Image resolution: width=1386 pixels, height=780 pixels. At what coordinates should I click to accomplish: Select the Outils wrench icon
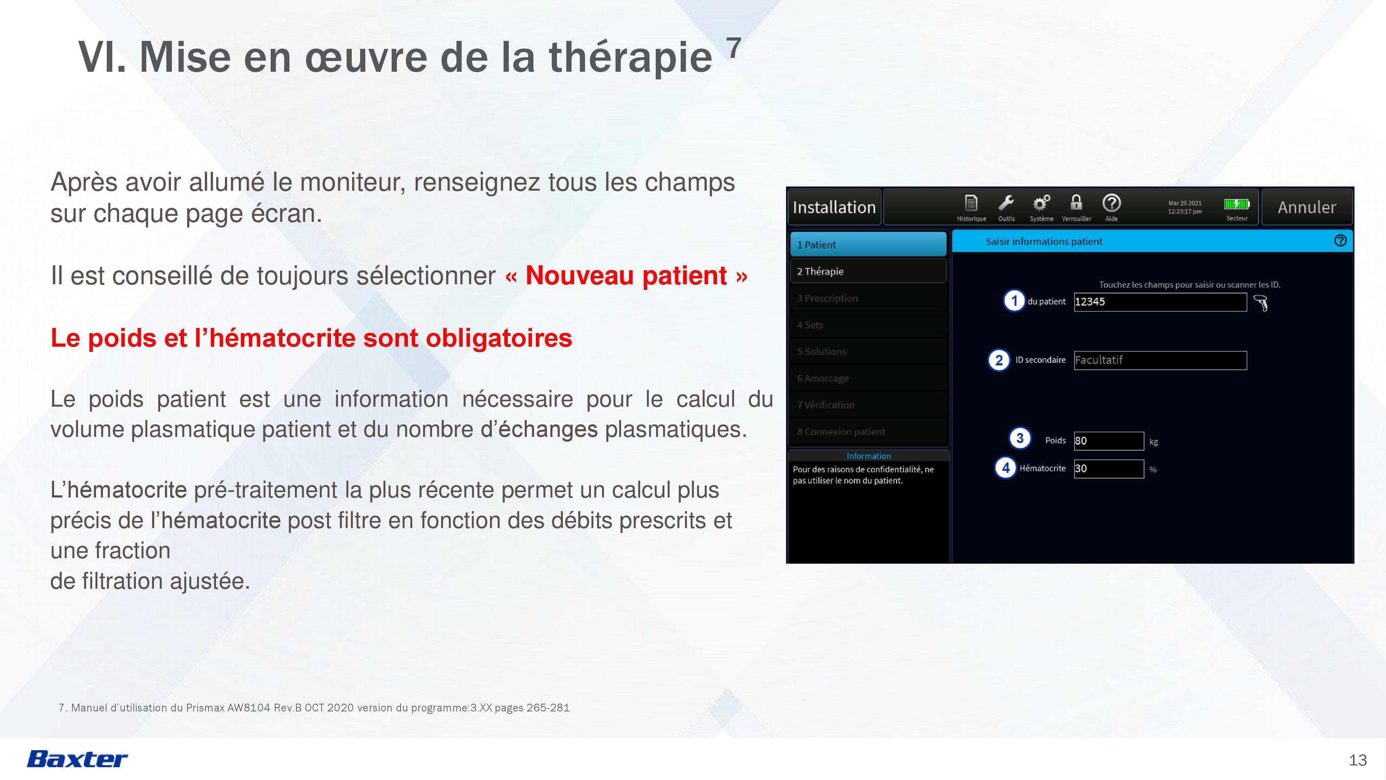click(1005, 203)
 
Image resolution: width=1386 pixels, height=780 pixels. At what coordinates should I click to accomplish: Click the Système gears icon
click(1041, 203)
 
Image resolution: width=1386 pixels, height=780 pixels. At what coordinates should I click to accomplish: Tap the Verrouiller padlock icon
click(1076, 202)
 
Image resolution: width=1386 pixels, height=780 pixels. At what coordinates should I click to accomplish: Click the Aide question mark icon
click(1112, 203)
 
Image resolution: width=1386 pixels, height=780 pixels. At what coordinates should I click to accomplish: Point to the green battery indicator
click(1236, 204)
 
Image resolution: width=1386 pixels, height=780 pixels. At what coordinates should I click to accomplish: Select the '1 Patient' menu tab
click(868, 244)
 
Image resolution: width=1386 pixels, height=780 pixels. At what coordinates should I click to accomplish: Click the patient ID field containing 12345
click(1160, 302)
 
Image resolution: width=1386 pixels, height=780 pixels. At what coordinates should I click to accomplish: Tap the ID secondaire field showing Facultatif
click(1160, 360)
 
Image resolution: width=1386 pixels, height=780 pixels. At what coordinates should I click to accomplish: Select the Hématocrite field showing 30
click(1108, 468)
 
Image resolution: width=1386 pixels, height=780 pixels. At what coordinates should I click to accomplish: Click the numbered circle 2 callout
click(999, 360)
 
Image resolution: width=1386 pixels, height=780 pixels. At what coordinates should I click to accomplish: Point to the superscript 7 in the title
click(734, 47)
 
